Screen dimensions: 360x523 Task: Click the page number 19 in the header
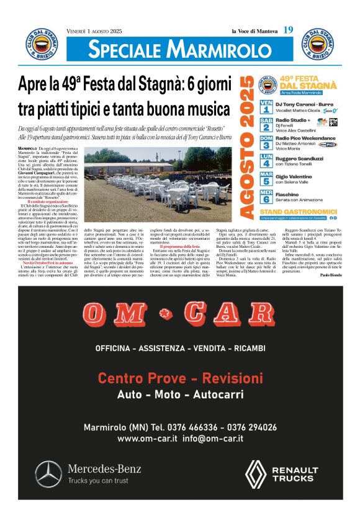coord(288,30)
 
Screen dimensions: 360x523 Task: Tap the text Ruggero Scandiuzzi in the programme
coord(300,158)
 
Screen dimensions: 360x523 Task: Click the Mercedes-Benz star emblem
coord(48,474)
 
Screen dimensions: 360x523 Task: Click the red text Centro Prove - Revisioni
coord(179,378)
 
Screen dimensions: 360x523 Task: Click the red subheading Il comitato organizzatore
coord(49,201)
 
